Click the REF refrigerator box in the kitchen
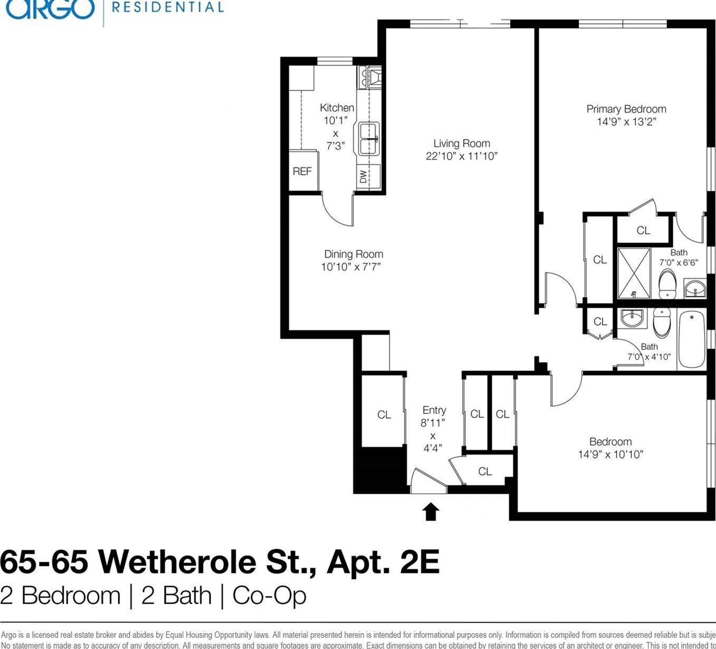(303, 171)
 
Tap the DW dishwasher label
(364, 176)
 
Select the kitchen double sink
(369, 139)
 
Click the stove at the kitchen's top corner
(370, 77)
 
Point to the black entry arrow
(431, 511)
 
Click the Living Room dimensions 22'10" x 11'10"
(461, 156)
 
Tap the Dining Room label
(353, 254)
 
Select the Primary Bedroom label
(626, 109)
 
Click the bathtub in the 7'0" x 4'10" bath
(691, 339)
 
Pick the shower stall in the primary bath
(634, 273)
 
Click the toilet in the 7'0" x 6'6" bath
(667, 284)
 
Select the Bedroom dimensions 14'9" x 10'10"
(610, 455)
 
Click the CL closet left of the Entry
(384, 415)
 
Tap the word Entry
(434, 410)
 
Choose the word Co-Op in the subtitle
(269, 596)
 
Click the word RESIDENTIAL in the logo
(168, 7)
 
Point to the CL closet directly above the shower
(643, 230)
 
